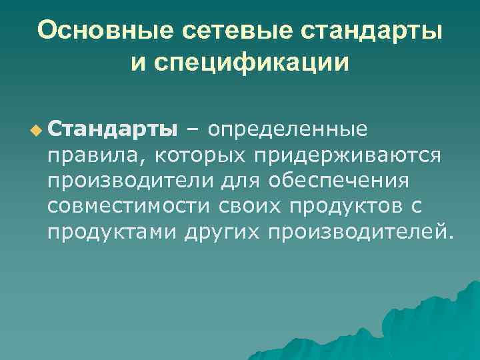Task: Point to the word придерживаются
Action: [x=346, y=155]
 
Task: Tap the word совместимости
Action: [x=129, y=207]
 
